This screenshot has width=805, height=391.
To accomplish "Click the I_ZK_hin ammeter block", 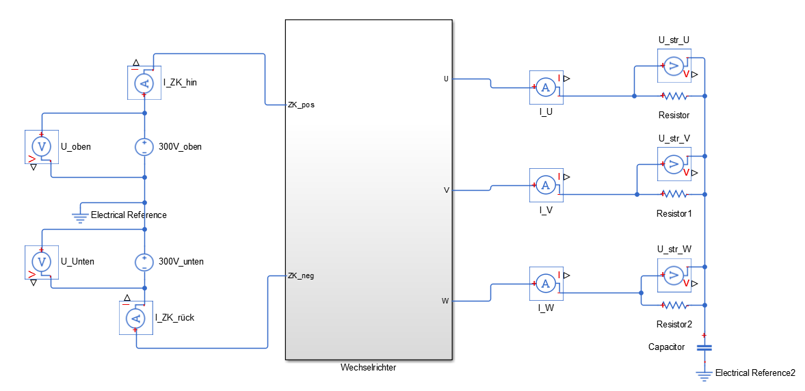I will click(x=144, y=83).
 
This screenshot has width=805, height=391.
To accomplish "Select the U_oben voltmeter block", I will click(x=42, y=146).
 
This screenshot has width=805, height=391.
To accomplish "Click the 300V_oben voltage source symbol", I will click(x=144, y=146).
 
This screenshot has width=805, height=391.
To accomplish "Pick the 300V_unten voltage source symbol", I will click(x=144, y=261).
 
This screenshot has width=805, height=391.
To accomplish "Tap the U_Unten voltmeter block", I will click(x=42, y=261).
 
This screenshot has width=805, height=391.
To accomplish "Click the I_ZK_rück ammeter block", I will click(x=136, y=317).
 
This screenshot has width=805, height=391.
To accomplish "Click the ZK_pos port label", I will click(x=301, y=105).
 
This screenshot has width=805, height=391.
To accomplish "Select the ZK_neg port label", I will click(x=301, y=276).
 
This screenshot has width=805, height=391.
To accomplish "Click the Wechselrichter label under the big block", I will click(x=368, y=368).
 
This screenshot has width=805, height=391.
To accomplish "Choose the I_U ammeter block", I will click(x=545, y=87).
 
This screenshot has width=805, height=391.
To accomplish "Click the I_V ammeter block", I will click(x=545, y=185).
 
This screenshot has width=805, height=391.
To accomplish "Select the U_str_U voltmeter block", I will click(x=674, y=66).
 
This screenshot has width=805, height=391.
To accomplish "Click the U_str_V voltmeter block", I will click(x=674, y=164).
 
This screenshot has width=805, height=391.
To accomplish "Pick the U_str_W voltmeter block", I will click(x=674, y=275).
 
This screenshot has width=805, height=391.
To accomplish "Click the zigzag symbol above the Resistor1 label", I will click(x=674, y=194).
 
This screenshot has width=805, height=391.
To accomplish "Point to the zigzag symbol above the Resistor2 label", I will click(x=674, y=305).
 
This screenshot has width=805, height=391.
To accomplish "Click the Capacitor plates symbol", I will click(x=704, y=348).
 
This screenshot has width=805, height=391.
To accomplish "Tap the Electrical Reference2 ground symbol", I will click(x=704, y=375).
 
